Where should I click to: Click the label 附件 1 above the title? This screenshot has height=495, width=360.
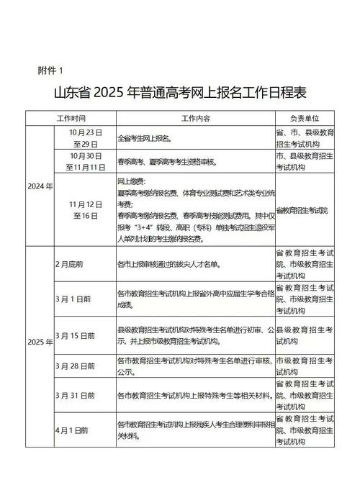tap(50, 70)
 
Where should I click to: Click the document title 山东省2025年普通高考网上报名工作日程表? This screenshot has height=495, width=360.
tap(180, 94)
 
